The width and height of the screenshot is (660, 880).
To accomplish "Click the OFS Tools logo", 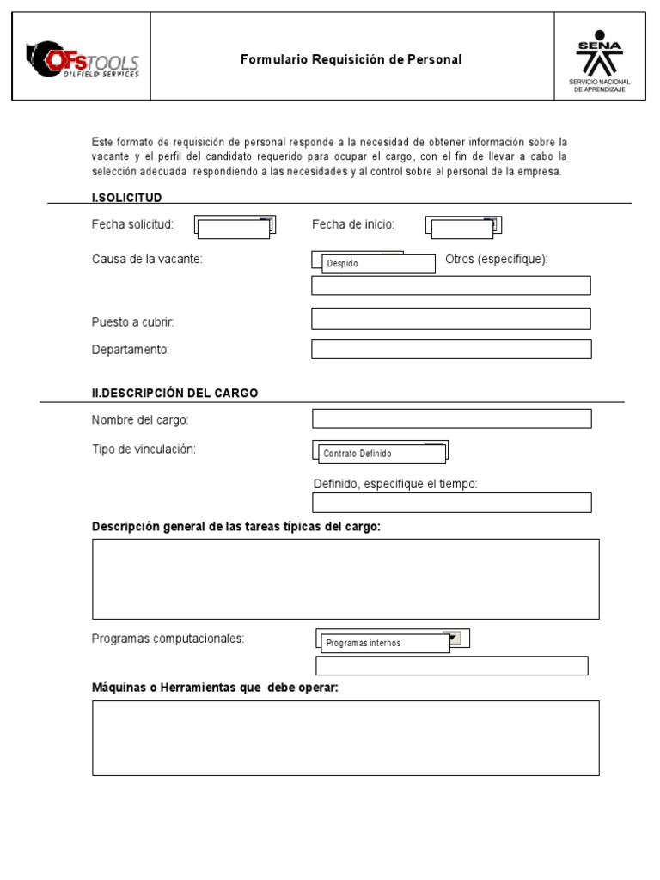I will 82,59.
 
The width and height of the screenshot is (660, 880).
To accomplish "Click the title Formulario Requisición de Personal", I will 351,60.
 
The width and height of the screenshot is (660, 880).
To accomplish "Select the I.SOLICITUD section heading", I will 126,198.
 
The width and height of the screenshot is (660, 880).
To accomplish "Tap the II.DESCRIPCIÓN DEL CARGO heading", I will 174,393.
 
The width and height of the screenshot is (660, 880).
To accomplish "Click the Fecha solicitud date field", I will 233,227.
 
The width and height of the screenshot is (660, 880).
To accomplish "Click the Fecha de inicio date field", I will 462,227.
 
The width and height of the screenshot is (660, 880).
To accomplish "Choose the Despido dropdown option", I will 378,264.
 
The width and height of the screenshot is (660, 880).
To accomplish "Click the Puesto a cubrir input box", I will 450,319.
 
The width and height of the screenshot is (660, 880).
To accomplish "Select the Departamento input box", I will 450,349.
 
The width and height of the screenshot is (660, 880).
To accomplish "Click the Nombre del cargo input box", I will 451,419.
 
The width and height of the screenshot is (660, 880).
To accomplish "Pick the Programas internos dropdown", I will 386,643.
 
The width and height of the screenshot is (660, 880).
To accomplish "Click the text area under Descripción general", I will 345,578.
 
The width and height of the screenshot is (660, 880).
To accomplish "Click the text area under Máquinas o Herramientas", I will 345,737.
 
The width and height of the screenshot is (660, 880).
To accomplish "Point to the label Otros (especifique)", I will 496,260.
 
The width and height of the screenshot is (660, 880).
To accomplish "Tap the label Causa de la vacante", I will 147,260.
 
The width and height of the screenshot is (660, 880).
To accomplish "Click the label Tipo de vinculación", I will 144,449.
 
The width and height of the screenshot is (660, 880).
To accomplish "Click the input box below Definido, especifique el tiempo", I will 451,503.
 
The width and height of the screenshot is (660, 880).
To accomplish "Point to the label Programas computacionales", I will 168,639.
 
